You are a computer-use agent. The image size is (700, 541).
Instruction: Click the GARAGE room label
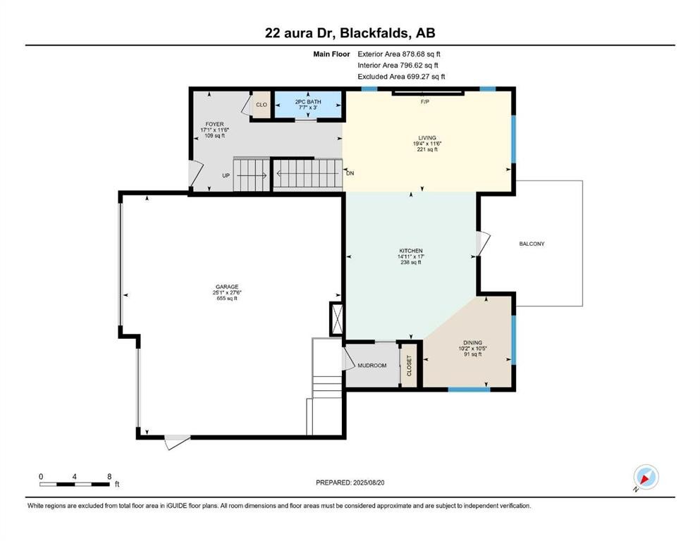pos(226,287)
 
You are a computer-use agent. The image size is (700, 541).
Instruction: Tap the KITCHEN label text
pos(410,251)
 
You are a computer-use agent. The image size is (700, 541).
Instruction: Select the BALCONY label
pos(532,244)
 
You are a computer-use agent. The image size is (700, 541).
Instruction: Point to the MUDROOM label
pos(372,366)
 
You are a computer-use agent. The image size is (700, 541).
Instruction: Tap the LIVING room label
pos(426,137)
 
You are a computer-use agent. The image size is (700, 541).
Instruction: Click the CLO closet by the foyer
pos(261,104)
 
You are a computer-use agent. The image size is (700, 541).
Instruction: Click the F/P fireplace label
pos(425,102)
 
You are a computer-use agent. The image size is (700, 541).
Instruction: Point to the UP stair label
pos(226,175)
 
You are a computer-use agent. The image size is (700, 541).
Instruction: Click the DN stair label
pos(350,173)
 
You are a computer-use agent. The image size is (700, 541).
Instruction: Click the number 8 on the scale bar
pos(109,476)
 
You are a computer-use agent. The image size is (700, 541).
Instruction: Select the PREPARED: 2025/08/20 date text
pos(350,483)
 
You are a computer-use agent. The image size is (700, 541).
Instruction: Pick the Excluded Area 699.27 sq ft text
pos(401,77)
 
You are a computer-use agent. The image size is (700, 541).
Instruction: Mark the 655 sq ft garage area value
pos(226,299)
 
